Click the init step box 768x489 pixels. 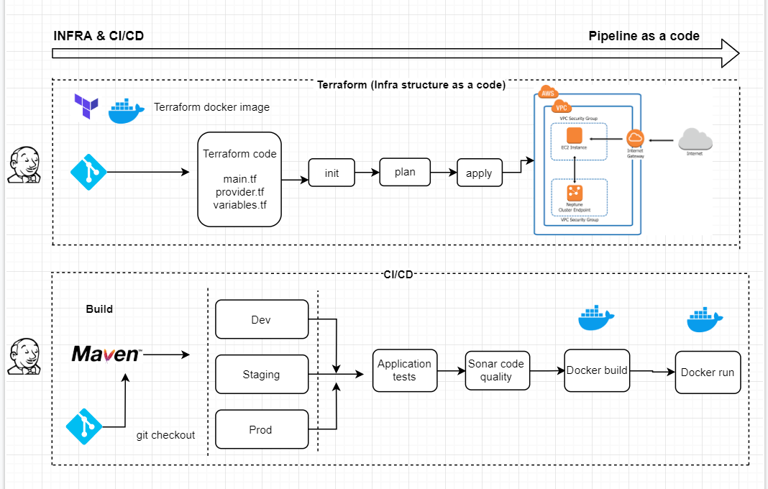click(x=332, y=173)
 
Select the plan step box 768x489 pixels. click(x=404, y=172)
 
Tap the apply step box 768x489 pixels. click(x=479, y=173)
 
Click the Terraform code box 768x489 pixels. click(x=239, y=179)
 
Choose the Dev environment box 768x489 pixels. click(x=262, y=319)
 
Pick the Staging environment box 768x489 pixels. click(x=262, y=375)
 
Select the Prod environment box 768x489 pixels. click(x=262, y=429)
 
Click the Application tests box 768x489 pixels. click(x=404, y=370)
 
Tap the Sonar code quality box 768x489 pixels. click(x=496, y=370)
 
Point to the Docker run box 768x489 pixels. click(x=708, y=372)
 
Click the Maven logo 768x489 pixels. click(x=106, y=355)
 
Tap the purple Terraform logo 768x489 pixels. click(x=86, y=106)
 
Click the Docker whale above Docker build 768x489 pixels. click(x=596, y=318)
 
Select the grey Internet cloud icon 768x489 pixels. click(x=694, y=139)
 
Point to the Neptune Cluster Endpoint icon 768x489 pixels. click(x=574, y=192)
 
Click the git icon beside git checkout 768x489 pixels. click(x=85, y=427)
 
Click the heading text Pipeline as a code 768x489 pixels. click(x=644, y=36)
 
